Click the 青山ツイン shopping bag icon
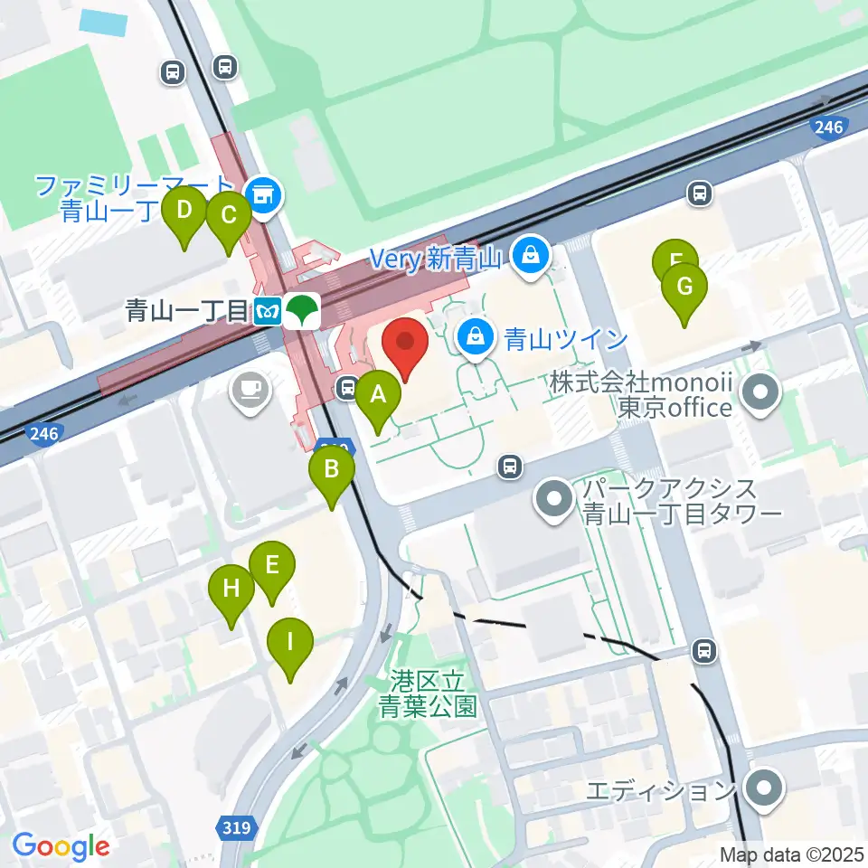tap(474, 338)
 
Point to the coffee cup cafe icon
tap(249, 390)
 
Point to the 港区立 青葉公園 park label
tap(428, 693)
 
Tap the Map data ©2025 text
tap(792, 854)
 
